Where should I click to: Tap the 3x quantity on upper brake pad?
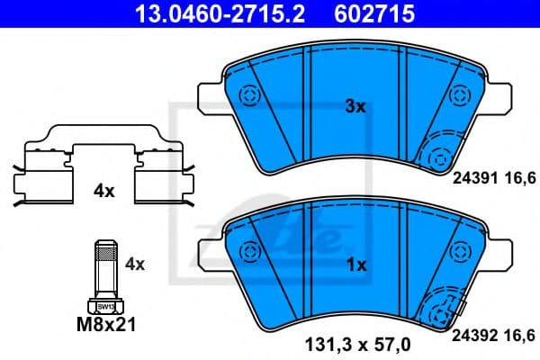355,106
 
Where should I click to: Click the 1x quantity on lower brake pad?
355,265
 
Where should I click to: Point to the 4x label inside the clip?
103,191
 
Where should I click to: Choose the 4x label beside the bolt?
134,264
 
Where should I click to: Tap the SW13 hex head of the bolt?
104,307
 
